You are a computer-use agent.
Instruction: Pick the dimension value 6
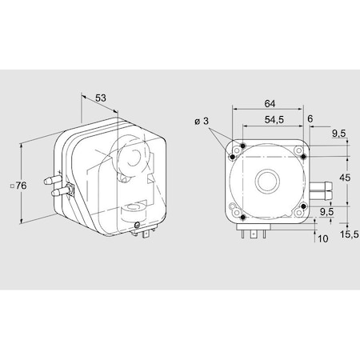pos(309,118)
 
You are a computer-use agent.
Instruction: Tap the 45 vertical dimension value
pos(345,178)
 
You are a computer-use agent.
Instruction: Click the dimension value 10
pos(322,238)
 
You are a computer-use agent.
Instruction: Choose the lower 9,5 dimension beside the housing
pos(325,212)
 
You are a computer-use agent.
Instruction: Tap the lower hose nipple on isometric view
pos(56,192)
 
